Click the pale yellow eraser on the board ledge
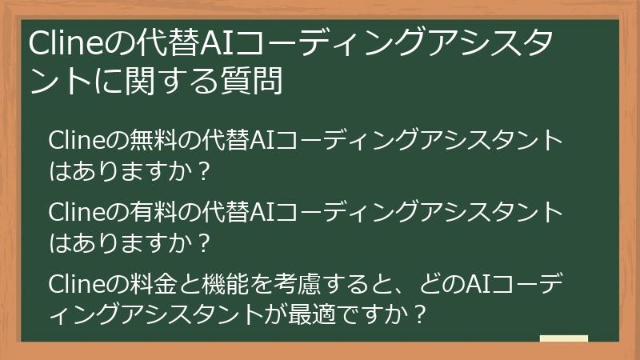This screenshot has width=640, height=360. [564, 339]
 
